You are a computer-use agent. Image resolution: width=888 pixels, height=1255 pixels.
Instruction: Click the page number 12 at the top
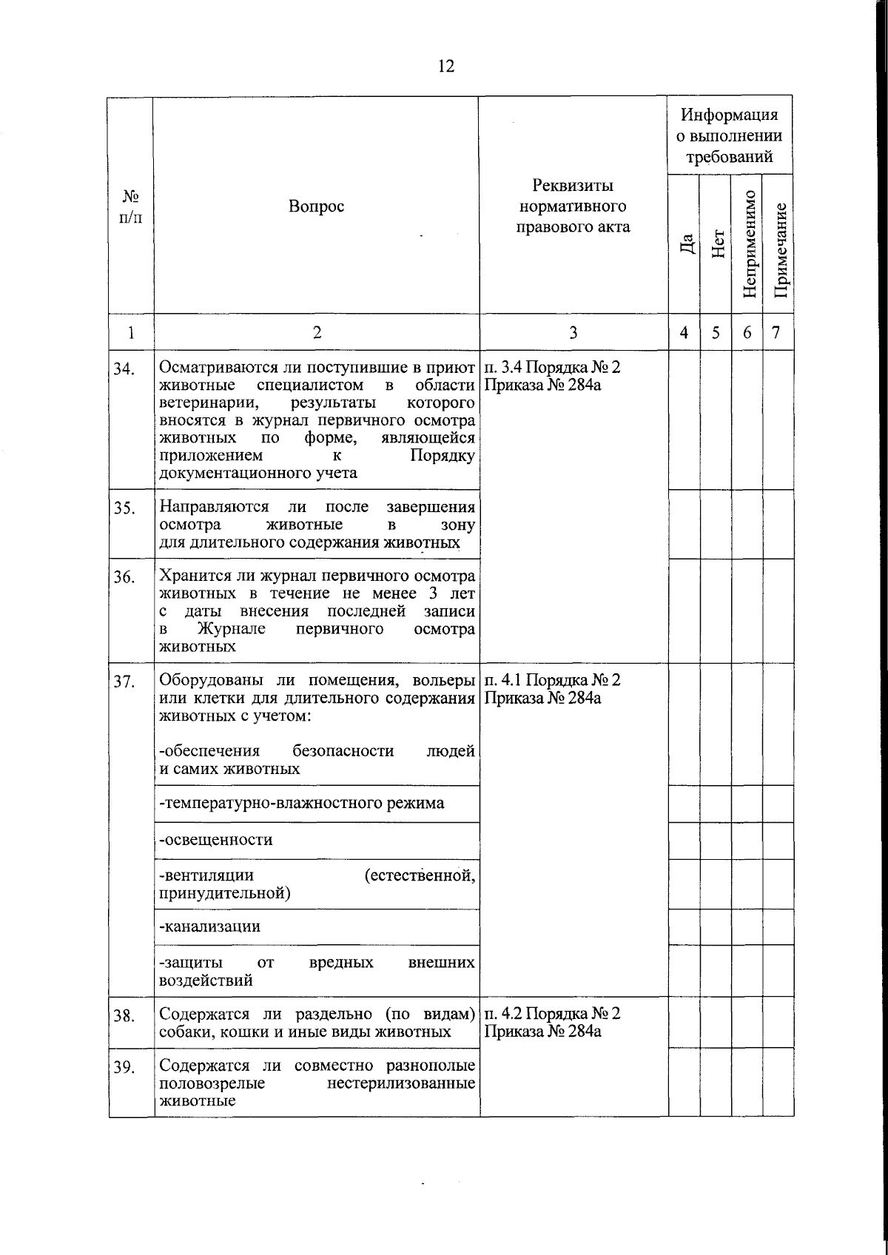446,66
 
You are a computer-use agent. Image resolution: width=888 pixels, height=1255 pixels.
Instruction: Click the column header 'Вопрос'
316,206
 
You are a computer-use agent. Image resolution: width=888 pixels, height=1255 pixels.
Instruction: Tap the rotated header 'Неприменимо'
749,244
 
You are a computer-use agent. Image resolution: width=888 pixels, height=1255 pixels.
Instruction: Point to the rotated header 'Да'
687,244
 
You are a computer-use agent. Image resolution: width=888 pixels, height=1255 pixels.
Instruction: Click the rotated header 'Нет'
717,244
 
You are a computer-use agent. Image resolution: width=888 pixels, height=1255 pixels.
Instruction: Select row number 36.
124,578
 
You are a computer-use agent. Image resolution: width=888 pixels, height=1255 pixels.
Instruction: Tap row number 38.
124,1016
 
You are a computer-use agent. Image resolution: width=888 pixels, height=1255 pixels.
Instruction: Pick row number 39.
124,1067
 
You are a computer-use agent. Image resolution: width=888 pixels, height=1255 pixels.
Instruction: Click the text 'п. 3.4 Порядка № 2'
552,367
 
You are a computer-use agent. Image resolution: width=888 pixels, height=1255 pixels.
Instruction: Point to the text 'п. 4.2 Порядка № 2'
552,1013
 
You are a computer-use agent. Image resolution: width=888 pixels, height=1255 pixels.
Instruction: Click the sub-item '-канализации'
210,926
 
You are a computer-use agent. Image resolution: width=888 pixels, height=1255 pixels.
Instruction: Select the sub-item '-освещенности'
216,840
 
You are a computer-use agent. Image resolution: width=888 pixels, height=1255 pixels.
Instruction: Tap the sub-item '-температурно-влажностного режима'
302,803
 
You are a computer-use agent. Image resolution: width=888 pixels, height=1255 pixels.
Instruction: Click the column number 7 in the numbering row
776,332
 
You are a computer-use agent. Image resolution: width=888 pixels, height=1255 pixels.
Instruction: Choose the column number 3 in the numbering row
573,332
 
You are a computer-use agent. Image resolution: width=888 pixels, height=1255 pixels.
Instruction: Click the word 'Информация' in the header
730,115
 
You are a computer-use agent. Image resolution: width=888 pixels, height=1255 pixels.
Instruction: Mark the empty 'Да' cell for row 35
684,524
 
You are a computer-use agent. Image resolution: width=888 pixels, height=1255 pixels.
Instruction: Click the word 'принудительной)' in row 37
225,893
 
